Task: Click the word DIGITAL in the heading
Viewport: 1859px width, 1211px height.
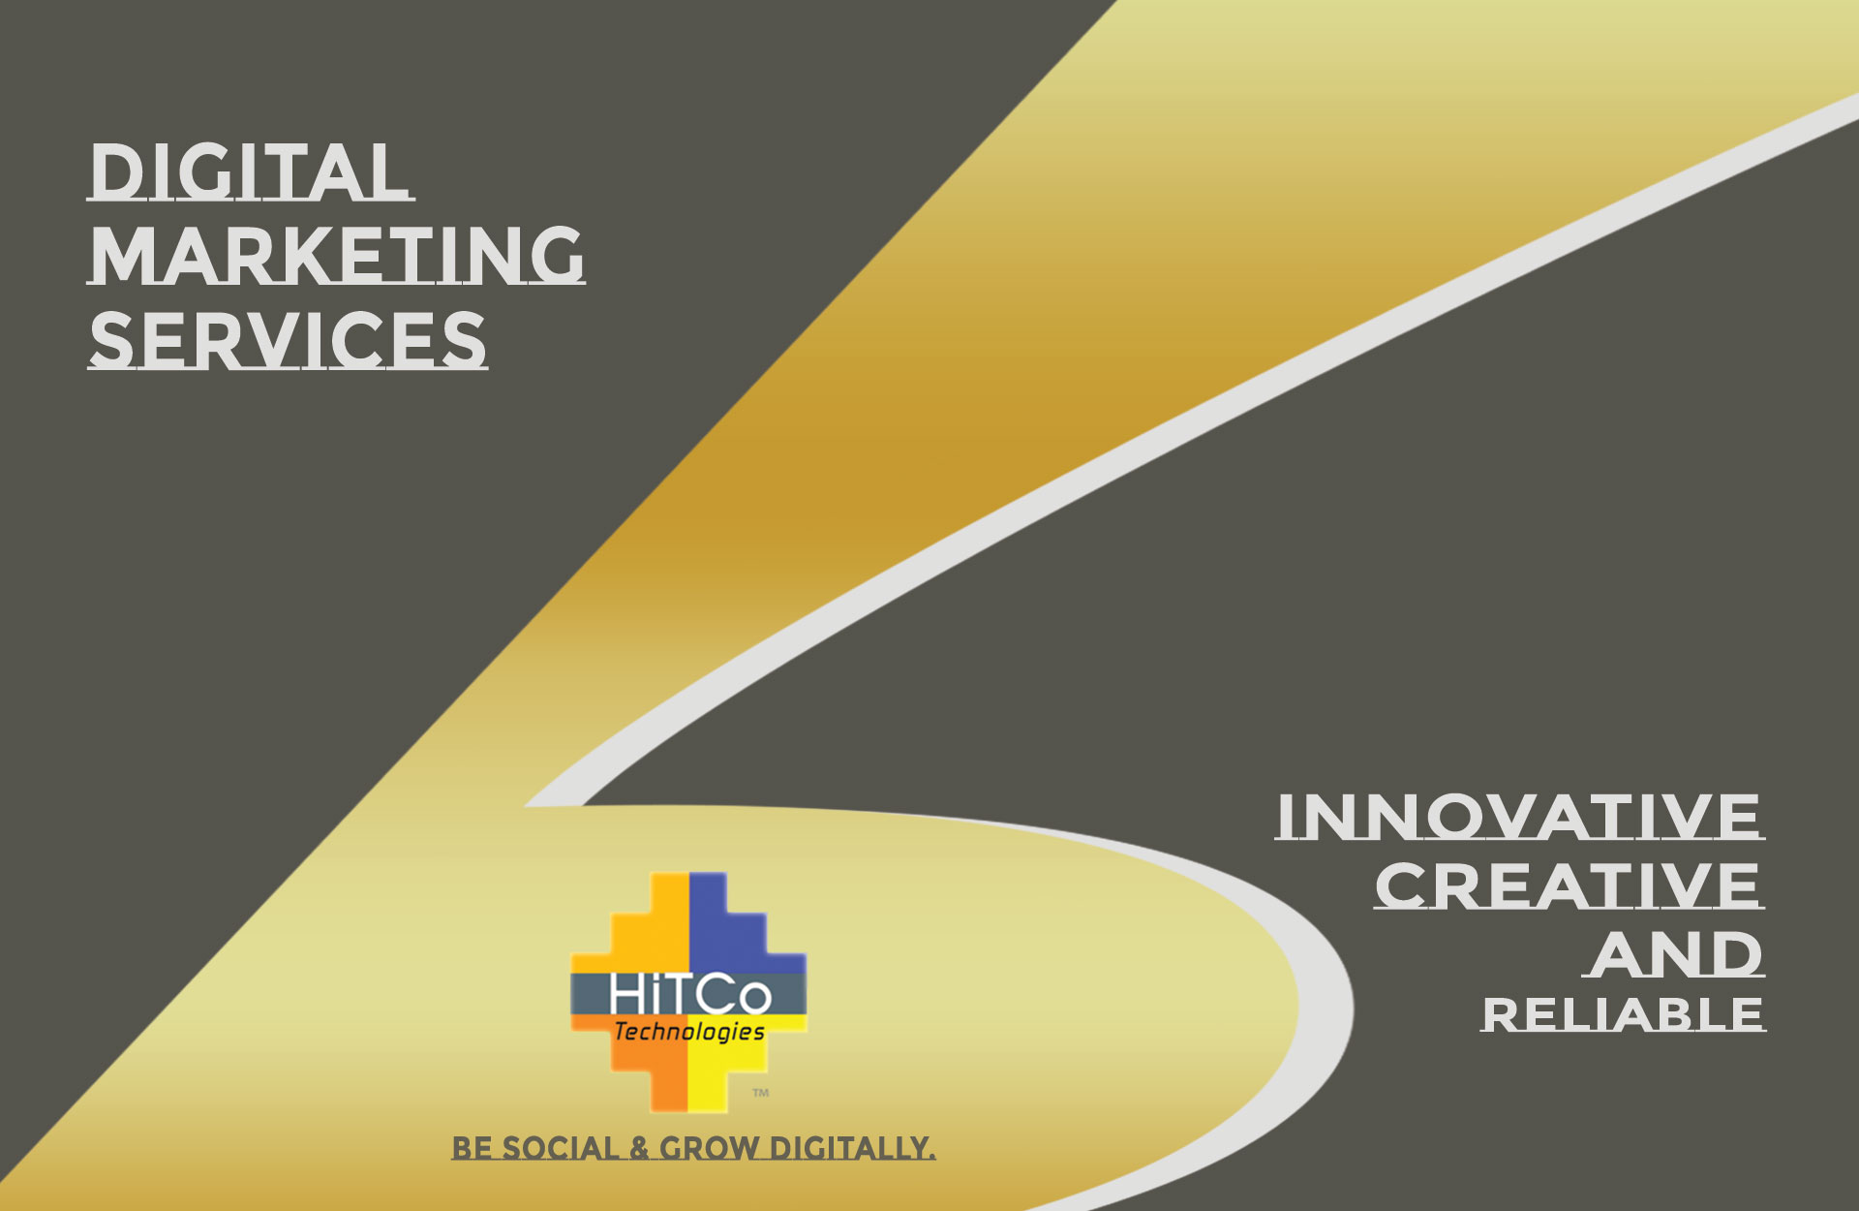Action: pyautogui.click(x=250, y=172)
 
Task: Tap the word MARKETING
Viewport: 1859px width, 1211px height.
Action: pyautogui.click(x=337, y=255)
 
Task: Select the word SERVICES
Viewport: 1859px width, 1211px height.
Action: pyautogui.click(x=288, y=340)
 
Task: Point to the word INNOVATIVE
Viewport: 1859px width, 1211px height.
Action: pyautogui.click(x=1519, y=817)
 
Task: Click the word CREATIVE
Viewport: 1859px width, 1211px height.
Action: pyautogui.click(x=1569, y=885)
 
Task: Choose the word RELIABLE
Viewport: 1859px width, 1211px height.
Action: pyautogui.click(x=1623, y=1014)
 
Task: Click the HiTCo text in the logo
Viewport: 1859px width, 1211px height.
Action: pyautogui.click(x=690, y=995)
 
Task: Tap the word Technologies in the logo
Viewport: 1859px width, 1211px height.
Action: pyautogui.click(x=689, y=1032)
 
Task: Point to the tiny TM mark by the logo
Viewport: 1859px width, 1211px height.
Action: pyautogui.click(x=761, y=1093)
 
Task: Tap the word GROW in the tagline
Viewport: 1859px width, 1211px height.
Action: pyautogui.click(x=710, y=1148)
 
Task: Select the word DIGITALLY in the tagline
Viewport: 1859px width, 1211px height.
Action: pyautogui.click(x=852, y=1148)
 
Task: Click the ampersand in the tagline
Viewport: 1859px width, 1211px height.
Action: pyautogui.click(x=639, y=1148)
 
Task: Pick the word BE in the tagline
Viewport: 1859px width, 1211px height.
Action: pyautogui.click(x=472, y=1148)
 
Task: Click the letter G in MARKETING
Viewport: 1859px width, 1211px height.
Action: pyautogui.click(x=557, y=255)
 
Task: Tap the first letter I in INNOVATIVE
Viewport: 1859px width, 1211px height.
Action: pyautogui.click(x=1286, y=817)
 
